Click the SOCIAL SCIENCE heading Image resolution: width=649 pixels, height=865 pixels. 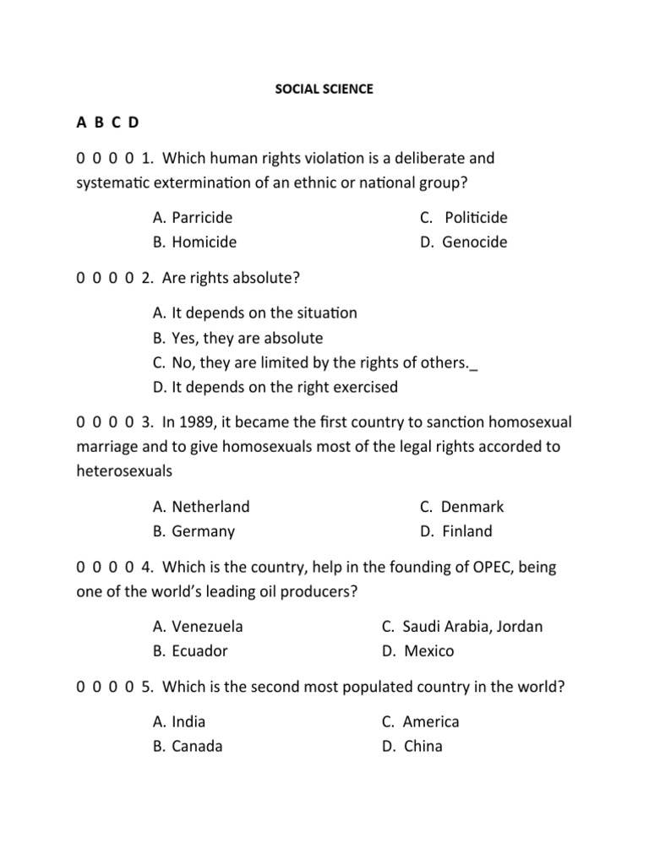tap(324, 89)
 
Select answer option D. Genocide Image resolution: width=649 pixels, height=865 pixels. tap(463, 242)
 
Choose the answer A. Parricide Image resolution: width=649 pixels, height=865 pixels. tap(193, 218)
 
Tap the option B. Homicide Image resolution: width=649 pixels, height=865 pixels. tap(194, 242)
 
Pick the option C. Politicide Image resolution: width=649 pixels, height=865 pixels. tap(464, 218)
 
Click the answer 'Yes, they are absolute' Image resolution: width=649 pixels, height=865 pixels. tap(237, 338)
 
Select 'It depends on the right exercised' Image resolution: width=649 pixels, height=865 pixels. tap(275, 387)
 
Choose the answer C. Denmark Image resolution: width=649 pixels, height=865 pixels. tap(461, 507)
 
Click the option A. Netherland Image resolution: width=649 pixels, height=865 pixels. tap(201, 507)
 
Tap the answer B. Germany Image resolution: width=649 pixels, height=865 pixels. tap(194, 531)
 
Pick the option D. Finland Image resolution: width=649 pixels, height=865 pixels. tap(455, 531)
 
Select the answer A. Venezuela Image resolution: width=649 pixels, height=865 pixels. tap(198, 627)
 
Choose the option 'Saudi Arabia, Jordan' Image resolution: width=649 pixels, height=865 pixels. tap(462, 627)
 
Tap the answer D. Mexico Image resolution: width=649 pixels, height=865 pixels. tap(417, 651)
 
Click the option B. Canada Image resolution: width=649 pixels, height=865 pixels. tap(188, 747)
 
